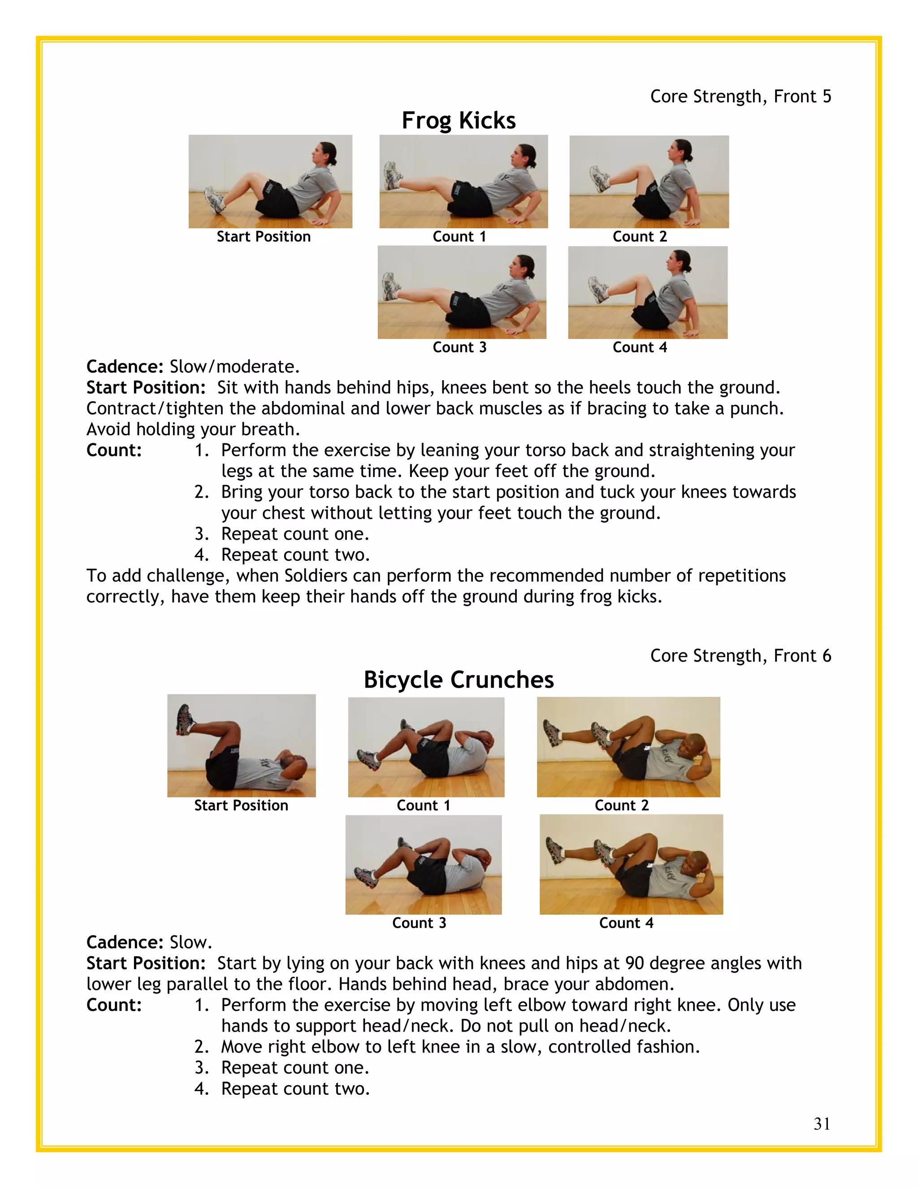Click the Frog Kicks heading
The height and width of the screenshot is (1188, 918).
click(459, 120)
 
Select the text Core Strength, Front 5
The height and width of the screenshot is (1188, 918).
click(740, 96)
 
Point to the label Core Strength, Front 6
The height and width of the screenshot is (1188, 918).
click(740, 655)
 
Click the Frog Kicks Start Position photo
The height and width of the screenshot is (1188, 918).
click(270, 181)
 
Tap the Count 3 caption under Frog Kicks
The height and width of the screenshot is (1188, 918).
click(459, 347)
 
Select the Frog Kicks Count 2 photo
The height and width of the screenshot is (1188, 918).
click(649, 181)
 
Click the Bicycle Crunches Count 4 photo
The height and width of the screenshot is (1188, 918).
click(631, 864)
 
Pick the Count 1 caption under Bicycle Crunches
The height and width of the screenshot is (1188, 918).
click(423, 805)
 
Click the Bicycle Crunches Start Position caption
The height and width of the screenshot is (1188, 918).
click(241, 805)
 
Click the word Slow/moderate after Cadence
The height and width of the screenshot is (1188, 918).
click(234, 367)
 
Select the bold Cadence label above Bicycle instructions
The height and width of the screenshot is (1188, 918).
click(125, 942)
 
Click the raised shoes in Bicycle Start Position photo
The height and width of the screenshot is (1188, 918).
click(184, 719)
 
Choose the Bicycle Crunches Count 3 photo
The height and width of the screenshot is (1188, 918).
click(423, 864)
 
